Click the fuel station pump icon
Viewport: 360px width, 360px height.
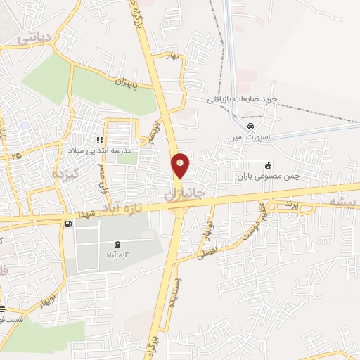(x=68, y=224)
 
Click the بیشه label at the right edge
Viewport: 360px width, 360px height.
(x=343, y=200)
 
